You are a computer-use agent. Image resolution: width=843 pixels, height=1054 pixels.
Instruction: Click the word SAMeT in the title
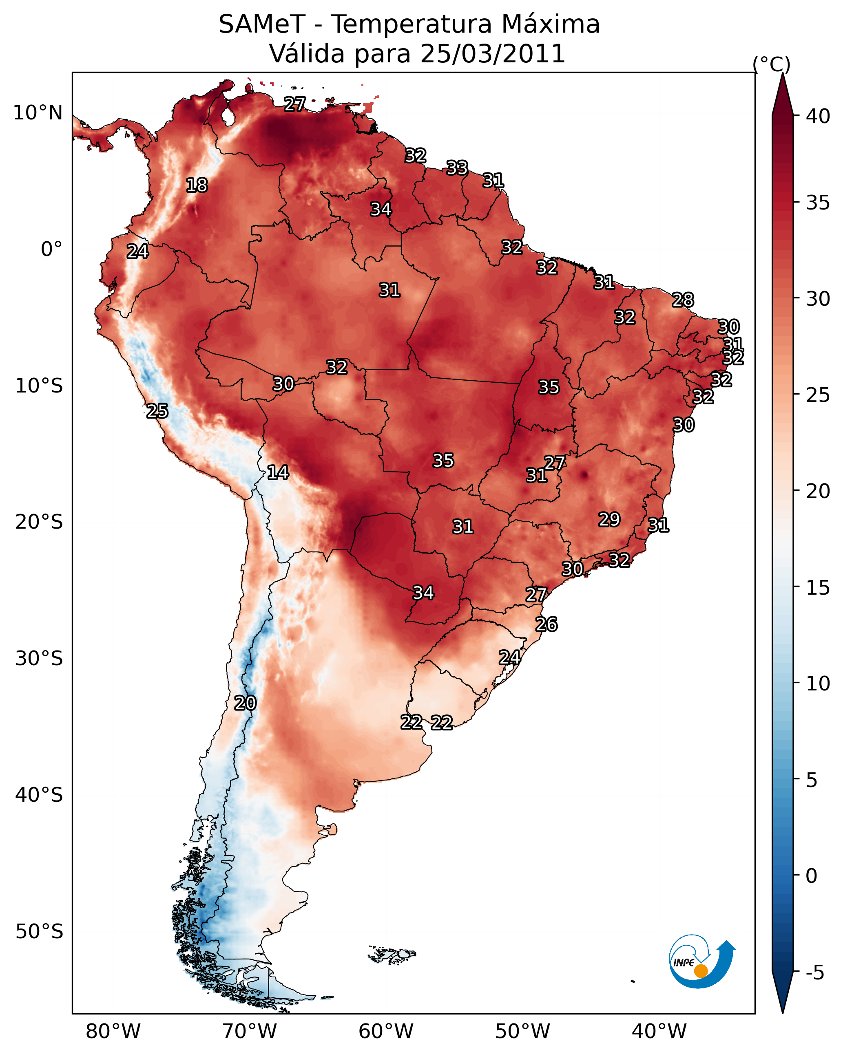click(262, 24)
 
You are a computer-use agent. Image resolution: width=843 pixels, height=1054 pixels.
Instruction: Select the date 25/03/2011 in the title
click(493, 54)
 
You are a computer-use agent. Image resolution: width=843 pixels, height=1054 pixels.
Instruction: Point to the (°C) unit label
click(772, 64)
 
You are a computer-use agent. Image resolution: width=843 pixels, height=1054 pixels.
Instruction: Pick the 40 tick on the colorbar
click(818, 116)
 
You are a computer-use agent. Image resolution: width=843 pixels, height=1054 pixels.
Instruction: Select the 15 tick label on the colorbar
click(818, 588)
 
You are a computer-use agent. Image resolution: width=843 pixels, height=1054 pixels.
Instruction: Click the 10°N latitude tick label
click(38, 113)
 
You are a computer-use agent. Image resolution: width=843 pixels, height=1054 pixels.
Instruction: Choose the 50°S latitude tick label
click(39, 931)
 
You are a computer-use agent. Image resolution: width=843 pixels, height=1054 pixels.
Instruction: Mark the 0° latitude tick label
click(52, 249)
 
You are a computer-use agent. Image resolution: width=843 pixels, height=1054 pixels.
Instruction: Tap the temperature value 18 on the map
click(197, 185)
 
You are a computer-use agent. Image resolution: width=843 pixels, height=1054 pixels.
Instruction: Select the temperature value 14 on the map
click(278, 472)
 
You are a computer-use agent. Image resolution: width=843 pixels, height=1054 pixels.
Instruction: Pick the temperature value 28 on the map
click(683, 300)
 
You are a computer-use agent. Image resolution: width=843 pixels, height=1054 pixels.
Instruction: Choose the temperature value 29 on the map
click(610, 519)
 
